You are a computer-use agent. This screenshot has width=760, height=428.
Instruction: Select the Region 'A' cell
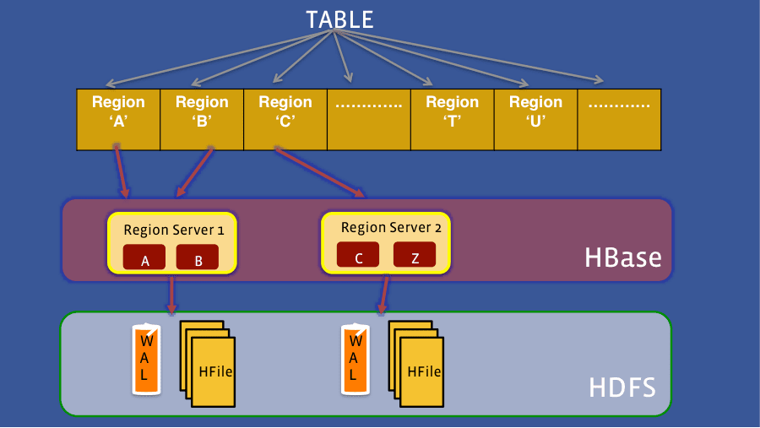(x=117, y=119)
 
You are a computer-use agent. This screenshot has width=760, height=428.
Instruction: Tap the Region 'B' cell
(x=202, y=119)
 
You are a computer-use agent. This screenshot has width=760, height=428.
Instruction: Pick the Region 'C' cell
(x=285, y=119)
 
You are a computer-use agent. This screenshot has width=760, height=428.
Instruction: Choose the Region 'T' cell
(x=452, y=119)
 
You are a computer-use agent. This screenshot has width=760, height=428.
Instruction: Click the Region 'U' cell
(x=535, y=119)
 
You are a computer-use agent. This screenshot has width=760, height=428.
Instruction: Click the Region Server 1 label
(x=174, y=230)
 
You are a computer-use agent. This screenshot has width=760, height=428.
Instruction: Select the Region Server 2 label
(x=390, y=228)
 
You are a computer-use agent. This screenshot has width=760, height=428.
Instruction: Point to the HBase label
(x=622, y=257)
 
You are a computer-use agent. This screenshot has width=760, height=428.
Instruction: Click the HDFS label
(x=622, y=389)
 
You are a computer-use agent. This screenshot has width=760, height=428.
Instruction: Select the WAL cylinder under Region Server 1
(x=146, y=359)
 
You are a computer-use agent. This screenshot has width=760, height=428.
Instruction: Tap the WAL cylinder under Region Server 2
(x=355, y=359)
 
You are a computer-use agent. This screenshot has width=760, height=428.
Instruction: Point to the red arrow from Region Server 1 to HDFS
(x=172, y=295)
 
